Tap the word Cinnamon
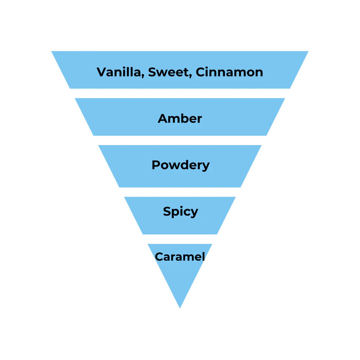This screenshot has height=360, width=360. pyautogui.click(x=229, y=72)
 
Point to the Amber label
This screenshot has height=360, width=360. pyautogui.click(x=180, y=118)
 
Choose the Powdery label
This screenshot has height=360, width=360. pyautogui.click(x=180, y=165)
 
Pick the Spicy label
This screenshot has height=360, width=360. pyautogui.click(x=180, y=211)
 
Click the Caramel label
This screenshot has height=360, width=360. pyautogui.click(x=180, y=257)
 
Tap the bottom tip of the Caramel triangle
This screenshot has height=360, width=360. pyautogui.click(x=180, y=309)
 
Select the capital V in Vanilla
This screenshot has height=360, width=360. pyautogui.click(x=101, y=72)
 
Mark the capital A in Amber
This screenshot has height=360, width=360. pyautogui.click(x=163, y=118)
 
